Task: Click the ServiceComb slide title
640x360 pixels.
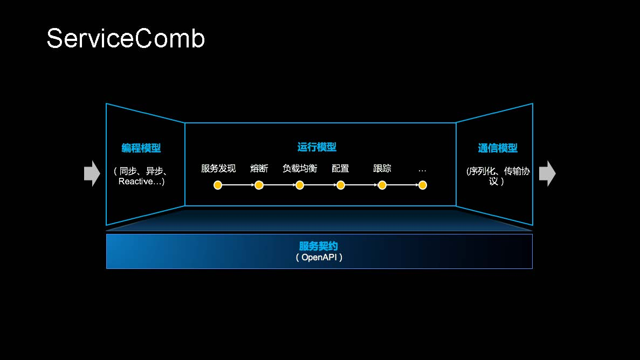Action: click(x=126, y=39)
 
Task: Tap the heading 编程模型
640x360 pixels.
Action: click(x=141, y=148)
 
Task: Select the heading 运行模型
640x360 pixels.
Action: click(x=317, y=147)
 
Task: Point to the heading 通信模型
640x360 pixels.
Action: click(x=498, y=148)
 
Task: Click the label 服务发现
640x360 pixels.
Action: click(x=218, y=168)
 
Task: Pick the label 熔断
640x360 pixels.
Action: click(x=259, y=168)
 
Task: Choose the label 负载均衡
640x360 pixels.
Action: click(x=300, y=168)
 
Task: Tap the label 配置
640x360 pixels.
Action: click(x=340, y=168)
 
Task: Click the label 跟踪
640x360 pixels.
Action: click(x=382, y=168)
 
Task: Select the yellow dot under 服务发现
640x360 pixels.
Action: click(x=218, y=185)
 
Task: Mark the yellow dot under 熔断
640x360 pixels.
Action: click(x=259, y=185)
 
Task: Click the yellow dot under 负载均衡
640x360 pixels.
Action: click(x=300, y=185)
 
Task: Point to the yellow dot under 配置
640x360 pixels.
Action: click(x=341, y=185)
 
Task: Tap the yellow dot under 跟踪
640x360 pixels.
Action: click(x=382, y=185)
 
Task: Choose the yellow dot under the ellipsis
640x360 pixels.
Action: click(x=423, y=185)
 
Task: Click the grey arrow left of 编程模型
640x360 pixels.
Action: click(x=92, y=174)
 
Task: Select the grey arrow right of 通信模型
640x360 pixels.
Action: click(x=547, y=174)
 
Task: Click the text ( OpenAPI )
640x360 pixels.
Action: click(x=319, y=257)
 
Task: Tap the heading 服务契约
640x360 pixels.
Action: click(x=319, y=247)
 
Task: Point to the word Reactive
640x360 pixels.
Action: click(x=135, y=182)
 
